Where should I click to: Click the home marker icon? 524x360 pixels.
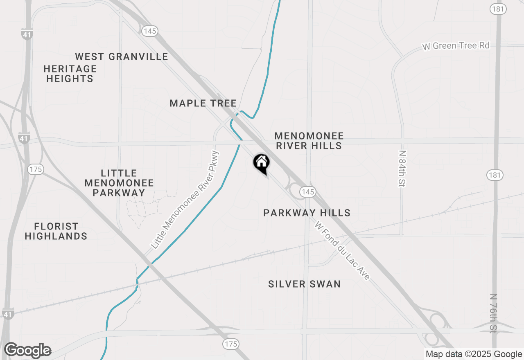[x=261, y=163]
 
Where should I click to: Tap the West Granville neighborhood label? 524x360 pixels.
[x=122, y=56]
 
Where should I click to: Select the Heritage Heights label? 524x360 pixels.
[x=70, y=74]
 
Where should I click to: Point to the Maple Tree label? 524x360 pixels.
[x=203, y=103]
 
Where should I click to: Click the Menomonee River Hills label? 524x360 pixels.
[x=309, y=141]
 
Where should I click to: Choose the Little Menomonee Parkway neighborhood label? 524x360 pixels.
[x=119, y=183]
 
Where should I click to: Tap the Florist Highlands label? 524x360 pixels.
[x=56, y=231]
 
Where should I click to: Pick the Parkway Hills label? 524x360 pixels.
[x=307, y=213]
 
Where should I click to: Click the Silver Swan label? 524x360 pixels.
[x=304, y=284]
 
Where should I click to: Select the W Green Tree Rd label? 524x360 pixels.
[x=456, y=46]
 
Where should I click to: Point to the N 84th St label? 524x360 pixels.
[x=402, y=169]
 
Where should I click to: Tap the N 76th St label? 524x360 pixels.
[x=494, y=313]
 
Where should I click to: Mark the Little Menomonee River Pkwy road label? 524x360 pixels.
[x=185, y=200]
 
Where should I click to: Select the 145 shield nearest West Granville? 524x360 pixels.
[x=150, y=31]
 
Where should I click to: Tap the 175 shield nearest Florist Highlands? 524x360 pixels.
[x=36, y=169]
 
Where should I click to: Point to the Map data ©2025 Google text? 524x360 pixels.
[x=474, y=354]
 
